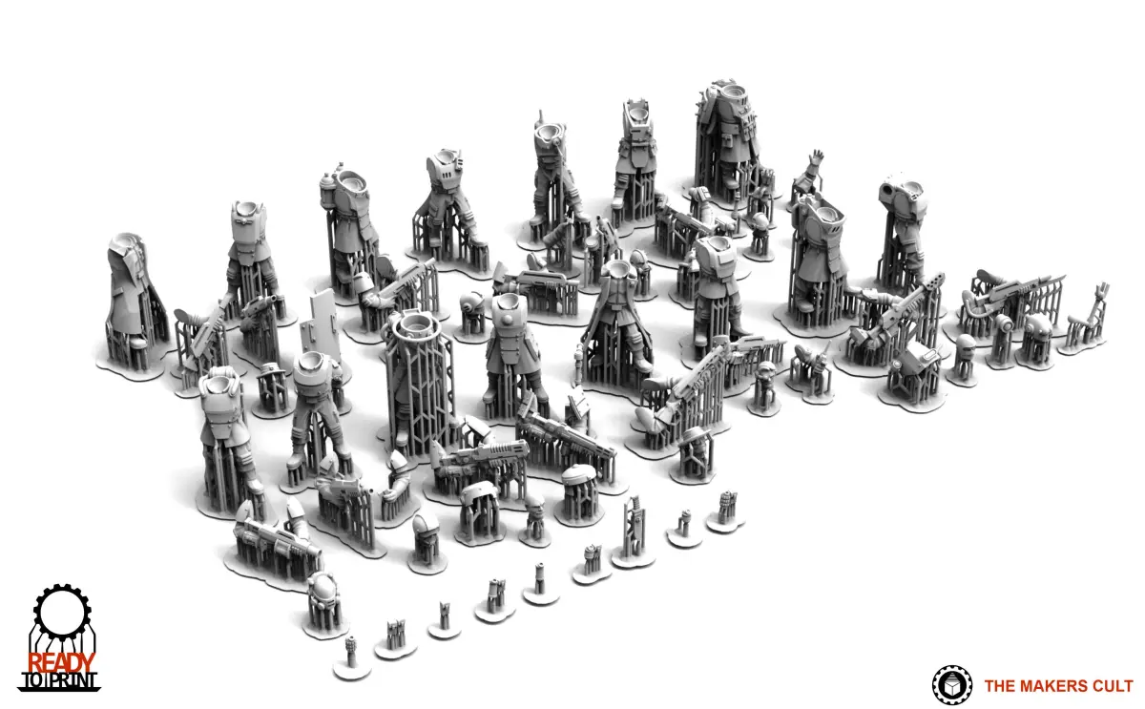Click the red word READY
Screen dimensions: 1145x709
[61, 662]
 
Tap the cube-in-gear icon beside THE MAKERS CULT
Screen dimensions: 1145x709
[952, 685]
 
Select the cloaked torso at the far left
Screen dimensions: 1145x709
[134, 302]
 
